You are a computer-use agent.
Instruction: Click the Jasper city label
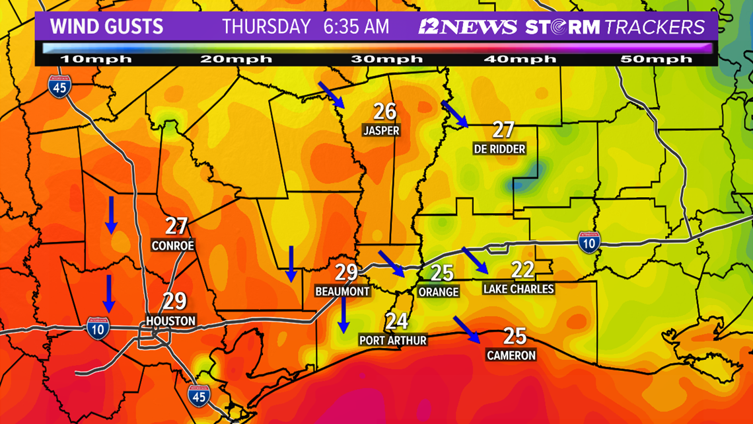pyautogui.click(x=381, y=130)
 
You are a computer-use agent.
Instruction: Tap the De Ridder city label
pyautogui.click(x=499, y=149)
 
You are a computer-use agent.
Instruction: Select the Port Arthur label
pyautogui.click(x=393, y=340)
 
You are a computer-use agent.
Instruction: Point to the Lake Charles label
pyautogui.click(x=519, y=289)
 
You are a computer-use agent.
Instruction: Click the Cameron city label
pyautogui.click(x=511, y=355)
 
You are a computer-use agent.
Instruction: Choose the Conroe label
pyautogui.click(x=173, y=245)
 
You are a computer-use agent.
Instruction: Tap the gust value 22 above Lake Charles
pyautogui.click(x=522, y=269)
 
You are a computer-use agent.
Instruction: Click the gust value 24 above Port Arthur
pyautogui.click(x=396, y=321)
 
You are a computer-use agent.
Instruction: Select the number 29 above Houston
pyautogui.click(x=174, y=302)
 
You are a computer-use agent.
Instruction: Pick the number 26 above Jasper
pyautogui.click(x=384, y=111)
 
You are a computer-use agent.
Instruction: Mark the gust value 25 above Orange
pyautogui.click(x=442, y=272)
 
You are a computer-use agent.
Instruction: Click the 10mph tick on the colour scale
pyautogui.click(x=96, y=60)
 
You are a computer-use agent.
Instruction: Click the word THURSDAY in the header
pyautogui.click(x=266, y=27)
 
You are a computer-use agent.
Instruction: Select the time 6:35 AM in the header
pyautogui.click(x=357, y=27)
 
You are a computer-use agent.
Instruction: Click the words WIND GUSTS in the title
pyautogui.click(x=107, y=27)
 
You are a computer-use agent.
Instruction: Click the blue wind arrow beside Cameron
pyautogui.click(x=466, y=329)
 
